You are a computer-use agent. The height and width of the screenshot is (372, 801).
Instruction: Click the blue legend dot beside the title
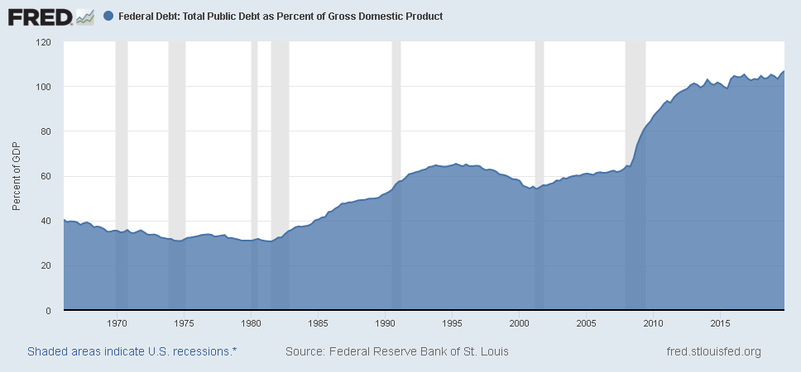click(110, 16)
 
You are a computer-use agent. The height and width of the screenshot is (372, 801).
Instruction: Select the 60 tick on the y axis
click(46, 176)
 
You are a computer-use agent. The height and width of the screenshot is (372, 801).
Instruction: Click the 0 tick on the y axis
click(48, 311)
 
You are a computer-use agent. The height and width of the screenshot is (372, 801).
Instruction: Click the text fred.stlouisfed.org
click(713, 351)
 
